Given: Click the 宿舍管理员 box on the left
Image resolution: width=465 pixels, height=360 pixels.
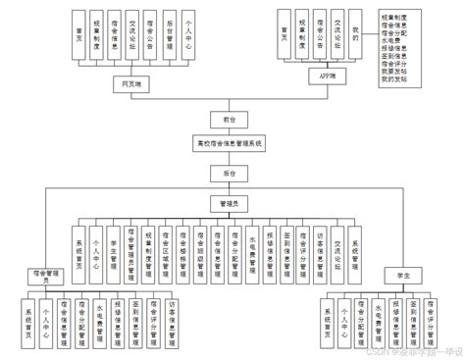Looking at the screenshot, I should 38,274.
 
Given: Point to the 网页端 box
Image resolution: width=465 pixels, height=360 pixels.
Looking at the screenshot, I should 128,85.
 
